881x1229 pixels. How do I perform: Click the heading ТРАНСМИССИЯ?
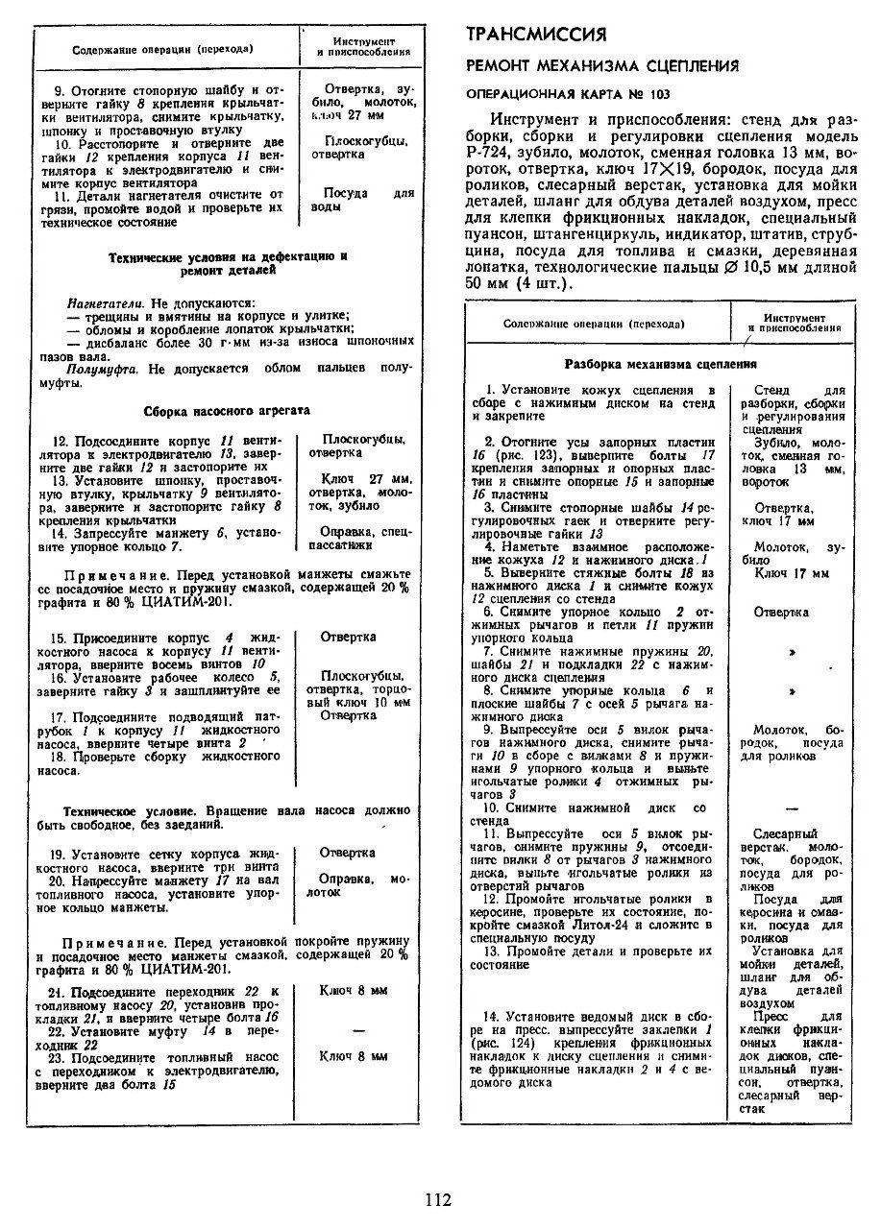[536, 36]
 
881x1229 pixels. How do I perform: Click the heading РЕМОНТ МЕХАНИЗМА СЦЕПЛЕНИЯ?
[601, 66]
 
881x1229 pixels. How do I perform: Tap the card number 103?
[657, 94]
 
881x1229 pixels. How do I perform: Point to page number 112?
[437, 1198]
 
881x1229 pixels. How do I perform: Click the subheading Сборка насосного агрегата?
[227, 411]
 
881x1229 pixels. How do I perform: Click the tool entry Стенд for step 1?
[772, 391]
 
